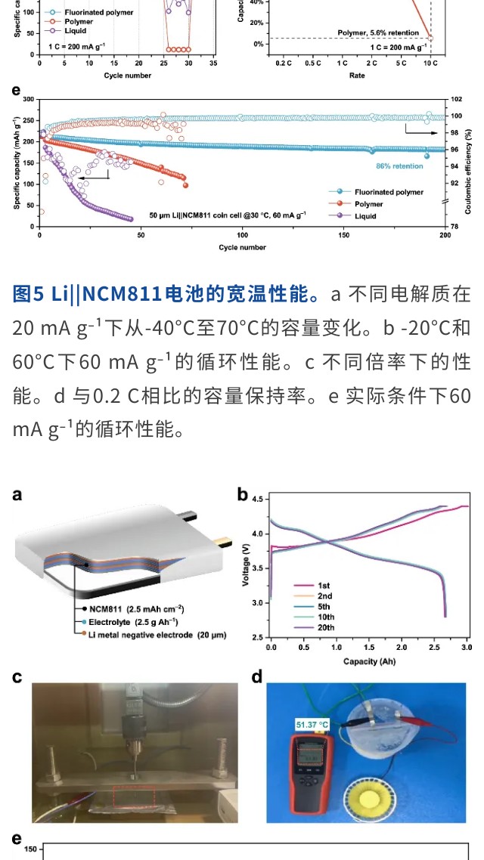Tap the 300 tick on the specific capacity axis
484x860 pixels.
pos(29,99)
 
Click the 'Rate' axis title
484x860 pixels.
pos(355,76)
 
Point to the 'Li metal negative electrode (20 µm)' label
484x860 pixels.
pos(157,635)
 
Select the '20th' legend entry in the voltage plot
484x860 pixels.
pos(326,627)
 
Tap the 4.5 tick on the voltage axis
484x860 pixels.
pos(258,500)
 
